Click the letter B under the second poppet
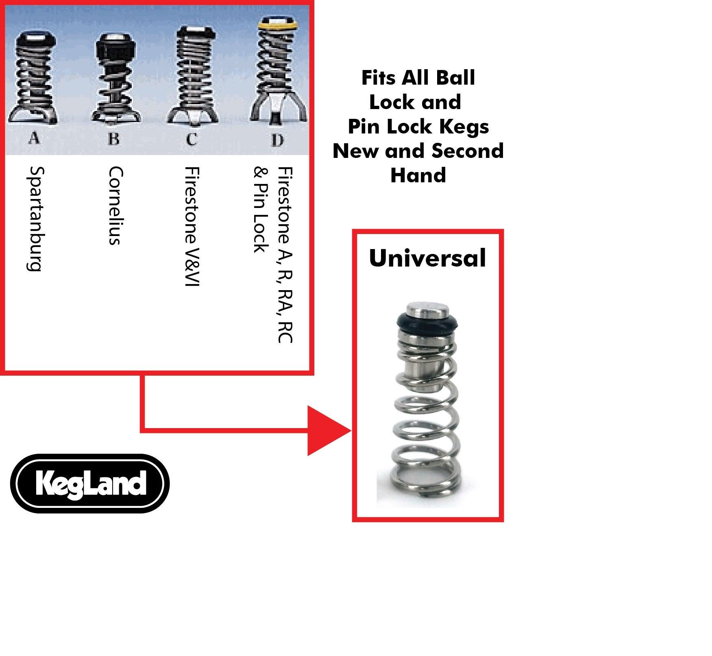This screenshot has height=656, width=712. (x=114, y=139)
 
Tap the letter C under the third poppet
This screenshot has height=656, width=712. (x=192, y=139)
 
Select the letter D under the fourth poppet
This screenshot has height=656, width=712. (x=277, y=140)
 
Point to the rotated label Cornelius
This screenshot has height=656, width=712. (x=115, y=206)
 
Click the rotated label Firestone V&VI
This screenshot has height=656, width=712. (x=192, y=226)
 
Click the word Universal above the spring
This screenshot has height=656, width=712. (x=427, y=258)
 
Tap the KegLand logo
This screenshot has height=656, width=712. (x=90, y=483)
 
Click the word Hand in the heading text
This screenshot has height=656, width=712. (x=418, y=175)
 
